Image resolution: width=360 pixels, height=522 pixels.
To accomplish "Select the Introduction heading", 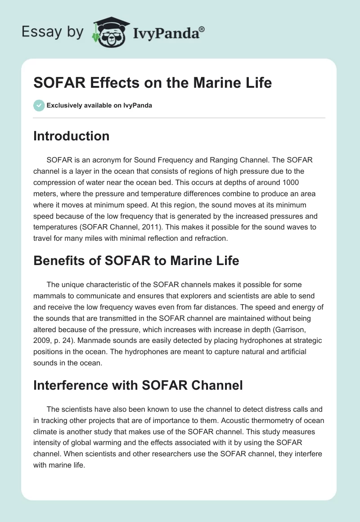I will (71, 136).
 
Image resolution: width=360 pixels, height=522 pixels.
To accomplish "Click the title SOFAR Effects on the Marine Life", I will (153, 83).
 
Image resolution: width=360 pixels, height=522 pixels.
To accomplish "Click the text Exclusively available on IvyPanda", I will (99, 106).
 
